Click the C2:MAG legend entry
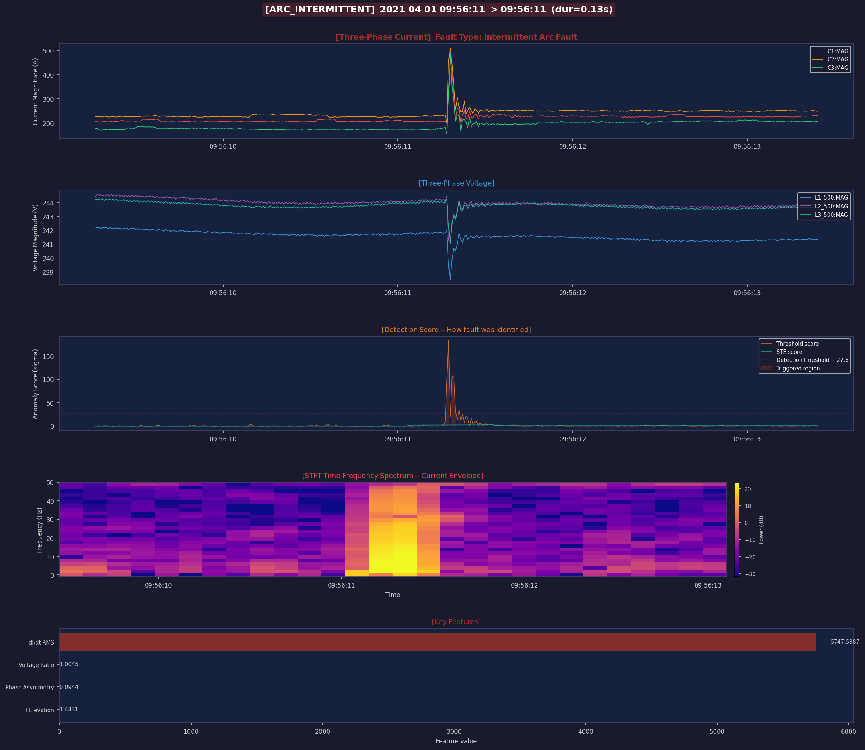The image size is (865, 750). [830, 60]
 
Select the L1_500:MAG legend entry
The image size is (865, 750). [823, 198]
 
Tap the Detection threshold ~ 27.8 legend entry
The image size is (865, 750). [804, 360]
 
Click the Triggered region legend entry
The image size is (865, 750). [790, 368]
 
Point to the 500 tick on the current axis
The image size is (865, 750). [48, 51]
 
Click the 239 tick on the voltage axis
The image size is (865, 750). [48, 272]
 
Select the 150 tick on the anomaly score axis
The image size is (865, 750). [48, 356]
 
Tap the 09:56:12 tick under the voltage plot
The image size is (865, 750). [572, 293]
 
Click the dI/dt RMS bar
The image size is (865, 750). [437, 642]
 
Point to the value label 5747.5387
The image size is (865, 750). [845, 642]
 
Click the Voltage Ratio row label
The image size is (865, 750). [36, 665]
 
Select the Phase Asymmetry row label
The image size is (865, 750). [30, 687]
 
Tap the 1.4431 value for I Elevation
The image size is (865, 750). [69, 710]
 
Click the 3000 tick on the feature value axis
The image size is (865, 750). [454, 731]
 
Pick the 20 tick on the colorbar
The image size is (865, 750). [747, 489]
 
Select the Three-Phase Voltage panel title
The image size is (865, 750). [456, 183]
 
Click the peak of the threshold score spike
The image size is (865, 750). [448, 341]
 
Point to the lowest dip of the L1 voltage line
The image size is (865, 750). [450, 280]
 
